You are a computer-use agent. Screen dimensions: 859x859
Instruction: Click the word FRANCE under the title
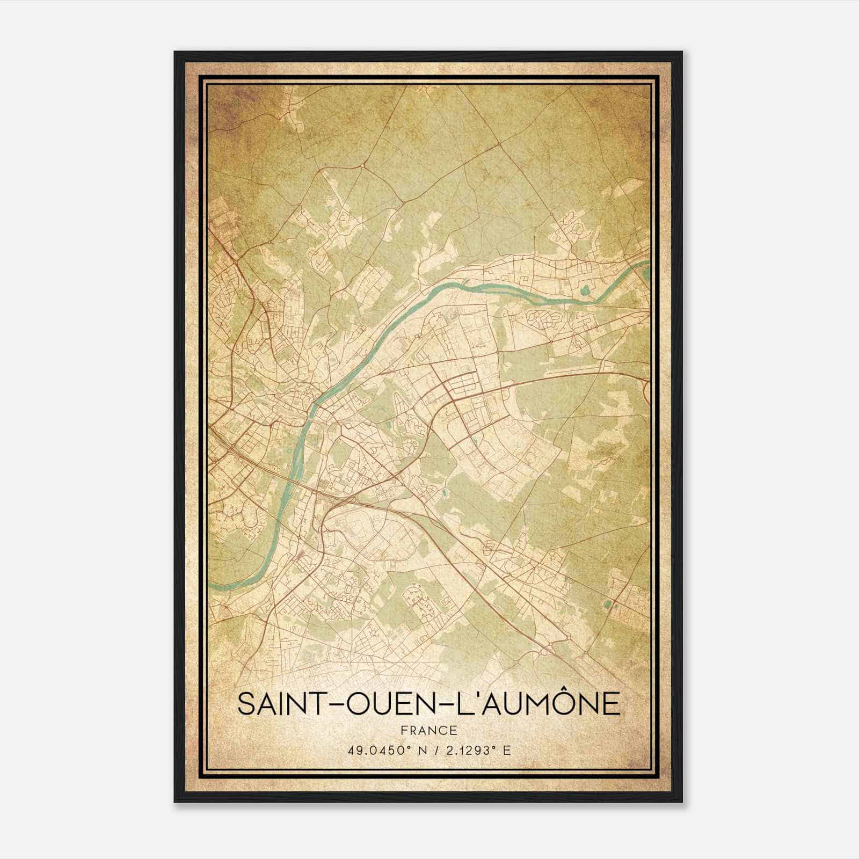(x=429, y=730)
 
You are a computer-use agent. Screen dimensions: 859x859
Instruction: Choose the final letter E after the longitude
(x=507, y=750)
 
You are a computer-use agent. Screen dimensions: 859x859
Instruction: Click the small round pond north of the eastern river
(x=586, y=290)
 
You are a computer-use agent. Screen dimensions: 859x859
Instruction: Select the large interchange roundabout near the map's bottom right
(x=567, y=637)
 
